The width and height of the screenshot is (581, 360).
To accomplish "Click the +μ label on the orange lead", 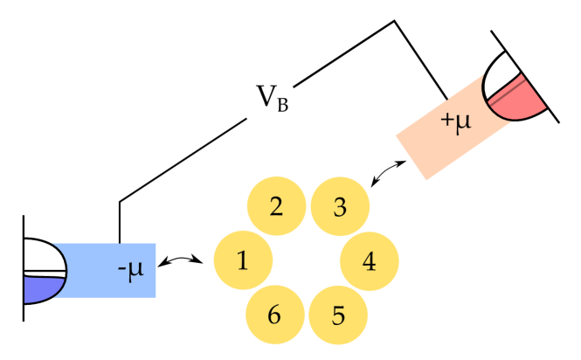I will click(456, 120).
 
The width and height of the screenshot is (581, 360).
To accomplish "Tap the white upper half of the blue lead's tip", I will click(42, 257).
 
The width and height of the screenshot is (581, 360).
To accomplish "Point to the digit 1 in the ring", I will click(242, 260).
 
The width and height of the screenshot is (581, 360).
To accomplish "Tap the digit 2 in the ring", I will click(276, 207).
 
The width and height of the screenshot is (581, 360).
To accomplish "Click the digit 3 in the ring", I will click(340, 207).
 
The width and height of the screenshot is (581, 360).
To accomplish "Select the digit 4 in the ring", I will click(370, 261).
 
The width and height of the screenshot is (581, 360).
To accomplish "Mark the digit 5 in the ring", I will click(338, 315).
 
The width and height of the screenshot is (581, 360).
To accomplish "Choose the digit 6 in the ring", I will click(274, 315).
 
